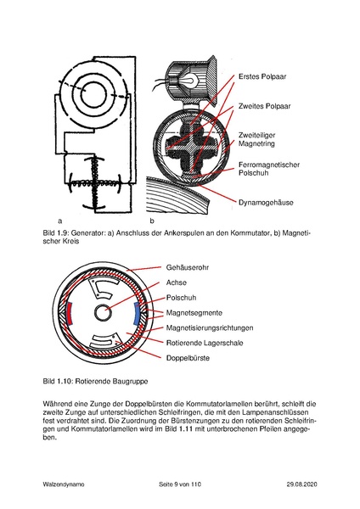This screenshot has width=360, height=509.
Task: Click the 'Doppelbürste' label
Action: [x=188, y=358]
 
